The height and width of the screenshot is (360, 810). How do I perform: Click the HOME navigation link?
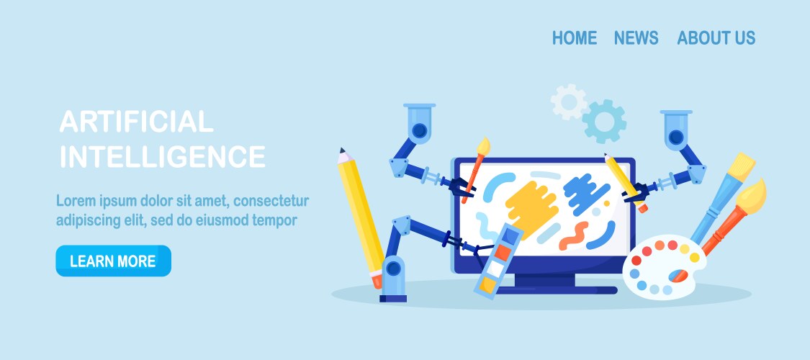pos(575,37)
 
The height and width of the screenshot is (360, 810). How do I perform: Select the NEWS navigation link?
pos(636,37)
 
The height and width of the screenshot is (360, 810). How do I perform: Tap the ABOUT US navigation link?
pos(716,37)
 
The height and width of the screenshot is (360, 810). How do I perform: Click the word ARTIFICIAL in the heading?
pos(136,122)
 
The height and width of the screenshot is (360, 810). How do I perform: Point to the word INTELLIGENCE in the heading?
pos(163,156)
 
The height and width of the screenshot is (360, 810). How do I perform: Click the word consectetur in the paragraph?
pos(271,200)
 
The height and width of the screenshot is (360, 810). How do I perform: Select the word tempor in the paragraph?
pos(275,220)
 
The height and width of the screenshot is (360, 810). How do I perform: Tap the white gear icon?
pos(568,102)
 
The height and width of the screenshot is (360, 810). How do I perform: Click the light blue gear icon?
pos(603,122)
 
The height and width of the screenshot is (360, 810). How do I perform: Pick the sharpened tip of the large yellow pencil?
pos(341,150)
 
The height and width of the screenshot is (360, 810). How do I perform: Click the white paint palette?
pos(664,265)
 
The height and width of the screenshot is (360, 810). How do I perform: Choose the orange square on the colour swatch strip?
pos(503,252)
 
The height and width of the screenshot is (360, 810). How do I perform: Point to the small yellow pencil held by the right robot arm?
pos(626,182)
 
